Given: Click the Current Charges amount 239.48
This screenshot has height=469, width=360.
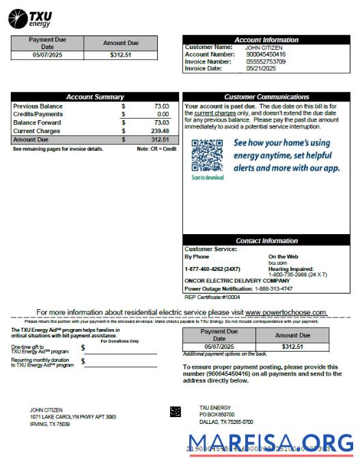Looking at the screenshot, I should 160,131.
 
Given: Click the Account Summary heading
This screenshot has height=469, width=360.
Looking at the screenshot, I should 95,97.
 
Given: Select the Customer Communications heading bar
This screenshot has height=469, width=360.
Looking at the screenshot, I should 266,97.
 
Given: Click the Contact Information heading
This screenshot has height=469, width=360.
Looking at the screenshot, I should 266,241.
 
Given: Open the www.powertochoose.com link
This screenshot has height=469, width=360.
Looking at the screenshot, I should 286,312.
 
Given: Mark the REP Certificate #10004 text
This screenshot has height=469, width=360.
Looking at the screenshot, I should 212,297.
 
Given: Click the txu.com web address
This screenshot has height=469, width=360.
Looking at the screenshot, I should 277,262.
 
